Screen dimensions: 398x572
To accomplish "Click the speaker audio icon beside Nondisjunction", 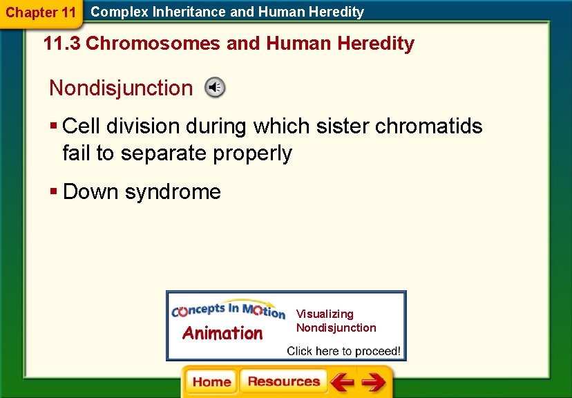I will (215, 88).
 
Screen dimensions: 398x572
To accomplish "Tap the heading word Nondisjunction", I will (121, 88).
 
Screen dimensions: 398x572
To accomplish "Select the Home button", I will (211, 382).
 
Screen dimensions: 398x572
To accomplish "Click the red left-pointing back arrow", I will (341, 382).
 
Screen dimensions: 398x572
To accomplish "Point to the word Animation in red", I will (222, 334).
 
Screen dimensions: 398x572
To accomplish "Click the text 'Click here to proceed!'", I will (343, 351).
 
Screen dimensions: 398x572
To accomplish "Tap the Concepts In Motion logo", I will (228, 312).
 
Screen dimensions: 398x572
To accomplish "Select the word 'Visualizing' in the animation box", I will (325, 314).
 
